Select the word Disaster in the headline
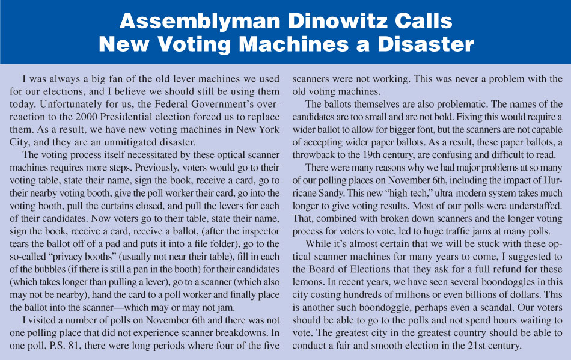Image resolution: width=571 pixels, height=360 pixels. pyautogui.click(x=418, y=44)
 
